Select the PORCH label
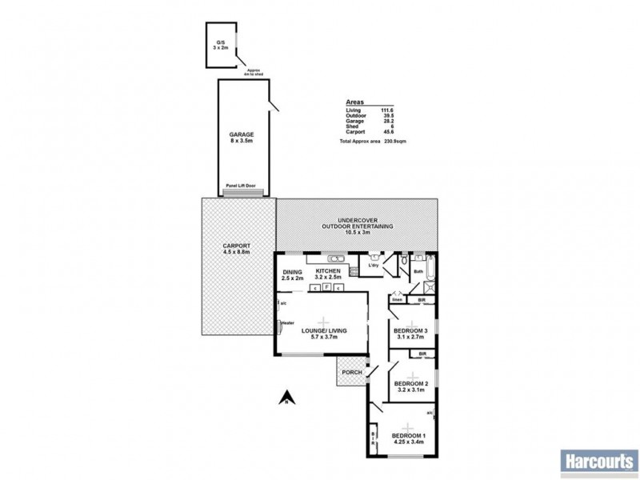pyautogui.click(x=352, y=372)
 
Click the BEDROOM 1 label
pyautogui.click(x=408, y=436)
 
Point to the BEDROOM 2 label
pyautogui.click(x=412, y=384)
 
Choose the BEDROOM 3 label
pyautogui.click(x=412, y=330)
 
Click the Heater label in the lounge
pyautogui.click(x=286, y=323)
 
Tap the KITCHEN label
pyautogui.click(x=329, y=272)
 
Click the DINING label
pyautogui.click(x=292, y=272)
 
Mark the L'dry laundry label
pyautogui.click(x=373, y=266)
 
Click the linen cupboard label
pyautogui.click(x=396, y=300)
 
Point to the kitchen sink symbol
pyautogui.click(x=336, y=258)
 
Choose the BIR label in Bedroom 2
pyautogui.click(x=422, y=353)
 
